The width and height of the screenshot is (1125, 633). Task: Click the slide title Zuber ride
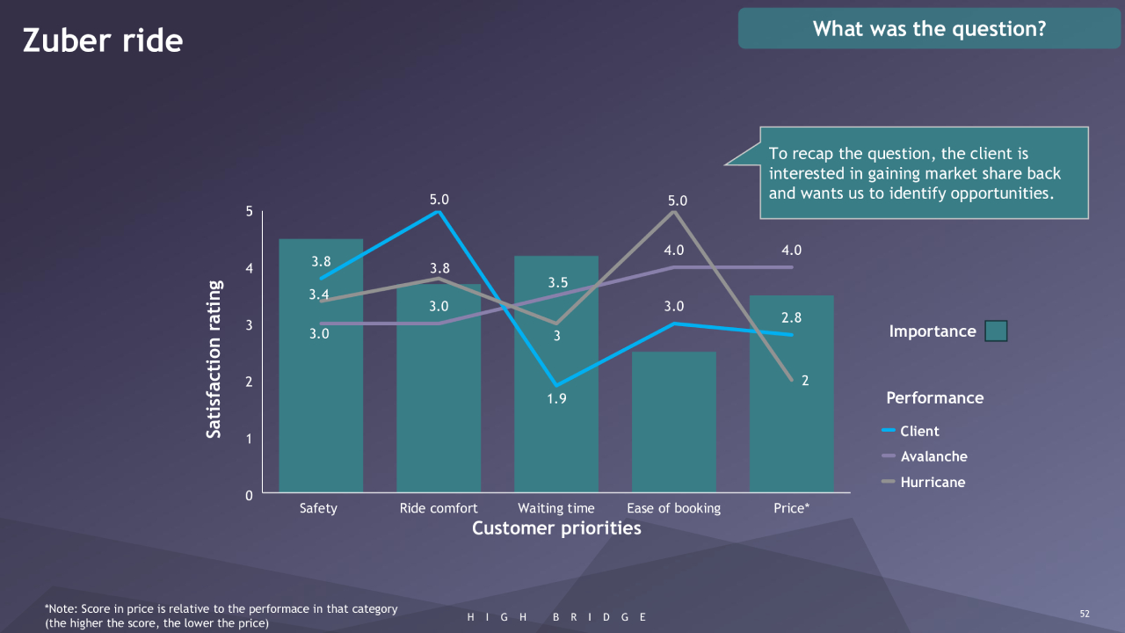(103, 41)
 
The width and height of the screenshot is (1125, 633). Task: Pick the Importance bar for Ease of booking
(674, 422)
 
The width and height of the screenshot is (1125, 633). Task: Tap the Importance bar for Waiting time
(556, 440)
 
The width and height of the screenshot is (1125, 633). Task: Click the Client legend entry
(919, 431)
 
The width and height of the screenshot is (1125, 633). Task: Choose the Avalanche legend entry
(933, 456)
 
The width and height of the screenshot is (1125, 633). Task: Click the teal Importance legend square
(996, 331)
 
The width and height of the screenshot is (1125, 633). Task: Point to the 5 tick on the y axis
(249, 212)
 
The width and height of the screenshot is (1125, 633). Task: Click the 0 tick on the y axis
(249, 496)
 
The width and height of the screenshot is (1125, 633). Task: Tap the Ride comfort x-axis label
(439, 508)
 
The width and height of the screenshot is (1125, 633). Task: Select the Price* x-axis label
(792, 508)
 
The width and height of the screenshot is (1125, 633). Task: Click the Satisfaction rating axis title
(214, 359)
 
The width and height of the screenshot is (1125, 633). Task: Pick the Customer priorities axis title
(556, 528)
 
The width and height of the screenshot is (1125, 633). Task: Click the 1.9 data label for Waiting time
(556, 399)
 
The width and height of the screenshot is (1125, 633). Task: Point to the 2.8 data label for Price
(792, 317)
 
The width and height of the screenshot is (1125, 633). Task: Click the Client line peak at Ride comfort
(439, 212)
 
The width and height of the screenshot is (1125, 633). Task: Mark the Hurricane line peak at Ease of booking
(674, 212)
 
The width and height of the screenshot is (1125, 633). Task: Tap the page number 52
(1084, 613)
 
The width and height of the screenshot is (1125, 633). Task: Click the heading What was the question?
(929, 29)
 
